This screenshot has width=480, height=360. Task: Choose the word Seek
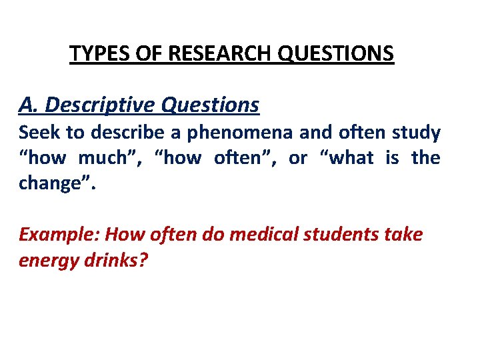pos(41,133)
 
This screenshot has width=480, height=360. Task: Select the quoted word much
pos(101,158)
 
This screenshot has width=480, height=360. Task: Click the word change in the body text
pos(53,183)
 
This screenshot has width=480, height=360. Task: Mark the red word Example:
pos(59,235)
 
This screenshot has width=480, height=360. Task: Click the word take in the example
pos(404,235)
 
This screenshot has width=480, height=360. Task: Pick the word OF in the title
pos(144,53)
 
